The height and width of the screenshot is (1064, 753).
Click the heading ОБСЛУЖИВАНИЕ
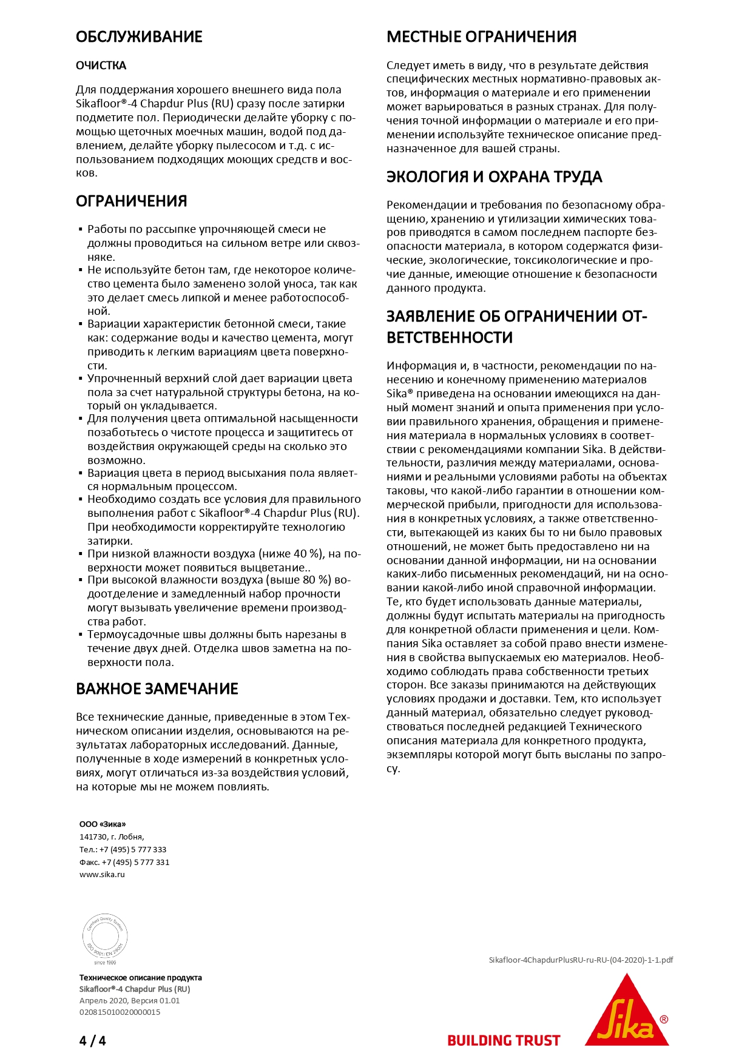139,37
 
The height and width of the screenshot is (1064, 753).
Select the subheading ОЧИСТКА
101,66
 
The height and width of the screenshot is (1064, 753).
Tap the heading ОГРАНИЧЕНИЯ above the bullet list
131,201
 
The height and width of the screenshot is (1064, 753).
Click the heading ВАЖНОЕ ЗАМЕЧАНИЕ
157,689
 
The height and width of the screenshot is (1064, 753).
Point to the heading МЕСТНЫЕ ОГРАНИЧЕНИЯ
481,37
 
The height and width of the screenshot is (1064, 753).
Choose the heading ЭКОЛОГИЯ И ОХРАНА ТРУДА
494,177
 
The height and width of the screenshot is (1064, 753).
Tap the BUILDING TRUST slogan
504,1041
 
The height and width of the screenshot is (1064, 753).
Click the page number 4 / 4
92,1041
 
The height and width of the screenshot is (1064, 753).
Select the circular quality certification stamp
105,937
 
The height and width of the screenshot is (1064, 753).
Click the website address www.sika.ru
102,875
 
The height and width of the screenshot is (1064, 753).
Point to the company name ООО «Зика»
103,824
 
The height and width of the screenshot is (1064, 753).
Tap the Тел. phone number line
123,849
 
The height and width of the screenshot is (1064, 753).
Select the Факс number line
124,862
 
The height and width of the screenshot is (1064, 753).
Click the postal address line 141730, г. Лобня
112,837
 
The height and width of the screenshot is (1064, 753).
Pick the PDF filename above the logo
581,960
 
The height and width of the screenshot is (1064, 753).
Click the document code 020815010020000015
120,1012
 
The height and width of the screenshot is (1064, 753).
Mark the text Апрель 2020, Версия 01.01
129,1000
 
